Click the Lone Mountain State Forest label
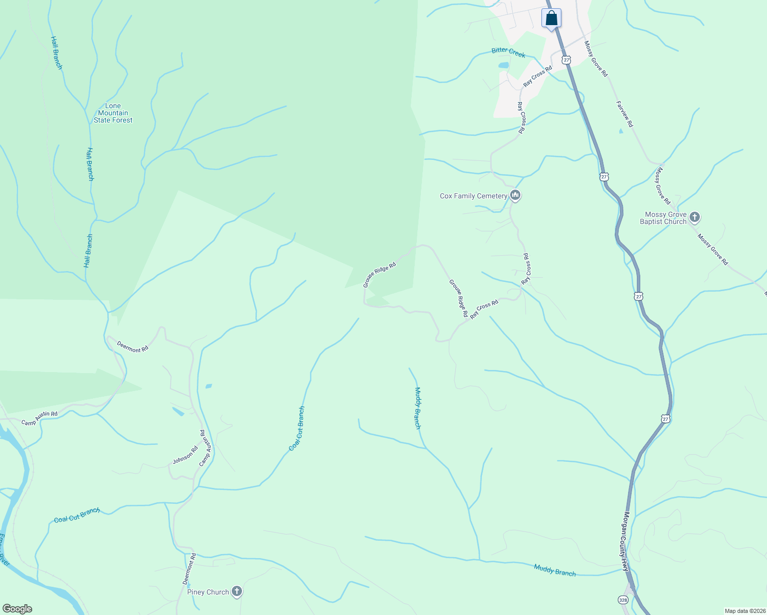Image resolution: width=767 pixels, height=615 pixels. click(113, 113)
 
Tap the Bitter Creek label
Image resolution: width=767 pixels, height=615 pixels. click(508, 52)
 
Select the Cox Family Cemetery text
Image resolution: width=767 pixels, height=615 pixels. click(473, 196)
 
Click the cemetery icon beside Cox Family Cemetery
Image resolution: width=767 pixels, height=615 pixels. click(515, 195)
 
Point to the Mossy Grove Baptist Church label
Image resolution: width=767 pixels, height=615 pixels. click(663, 218)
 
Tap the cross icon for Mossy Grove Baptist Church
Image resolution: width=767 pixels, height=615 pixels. click(695, 217)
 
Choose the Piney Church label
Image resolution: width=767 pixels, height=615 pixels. click(208, 592)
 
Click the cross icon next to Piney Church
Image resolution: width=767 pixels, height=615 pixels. click(236, 592)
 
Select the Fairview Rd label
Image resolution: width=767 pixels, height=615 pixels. click(624, 114)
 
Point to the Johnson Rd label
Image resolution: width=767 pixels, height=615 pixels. click(185, 455)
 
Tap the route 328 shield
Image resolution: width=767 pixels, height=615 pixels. click(622, 600)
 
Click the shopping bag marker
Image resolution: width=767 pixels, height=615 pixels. click(551, 19)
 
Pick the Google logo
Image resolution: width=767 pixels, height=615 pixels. click(17, 609)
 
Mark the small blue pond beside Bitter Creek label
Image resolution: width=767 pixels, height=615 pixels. click(503, 66)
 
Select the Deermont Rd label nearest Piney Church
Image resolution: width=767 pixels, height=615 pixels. click(189, 569)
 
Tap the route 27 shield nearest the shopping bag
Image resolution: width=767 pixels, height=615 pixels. click(566, 60)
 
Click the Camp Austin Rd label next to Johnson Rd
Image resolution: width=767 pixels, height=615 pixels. click(205, 448)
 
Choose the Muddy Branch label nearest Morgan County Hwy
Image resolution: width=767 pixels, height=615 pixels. click(554, 570)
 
